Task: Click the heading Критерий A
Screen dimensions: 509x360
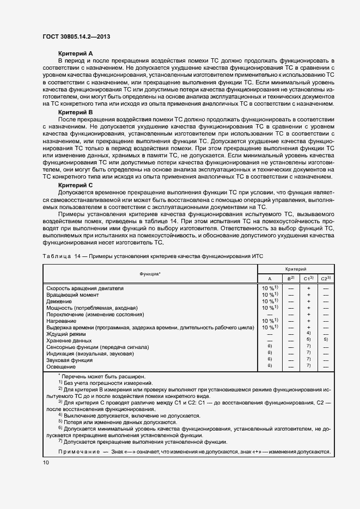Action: tap(75, 53)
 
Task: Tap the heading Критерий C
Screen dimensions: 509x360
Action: tap(75, 185)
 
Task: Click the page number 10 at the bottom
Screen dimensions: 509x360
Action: tap(45, 462)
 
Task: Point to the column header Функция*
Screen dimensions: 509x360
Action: tap(149, 274)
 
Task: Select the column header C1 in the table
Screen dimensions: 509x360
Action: tap(309, 278)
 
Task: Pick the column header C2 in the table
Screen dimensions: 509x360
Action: tap(326, 278)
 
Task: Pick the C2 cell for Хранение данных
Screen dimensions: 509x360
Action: tap(326, 340)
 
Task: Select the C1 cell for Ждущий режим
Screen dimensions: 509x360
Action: tap(309, 333)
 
